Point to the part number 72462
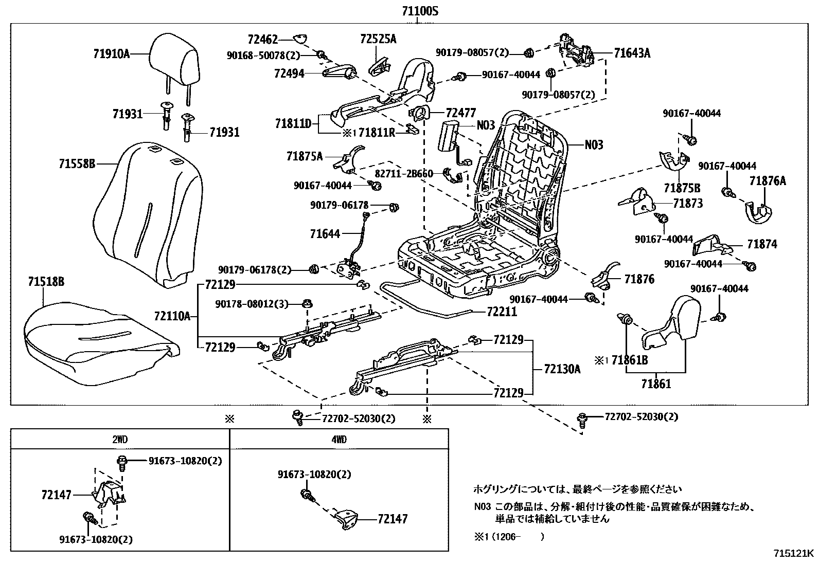click(262, 39)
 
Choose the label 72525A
click(378, 39)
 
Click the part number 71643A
click(632, 53)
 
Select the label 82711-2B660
click(411, 173)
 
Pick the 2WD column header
click(119, 440)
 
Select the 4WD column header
click(339, 440)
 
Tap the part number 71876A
click(768, 181)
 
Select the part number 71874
click(762, 244)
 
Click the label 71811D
click(293, 123)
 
